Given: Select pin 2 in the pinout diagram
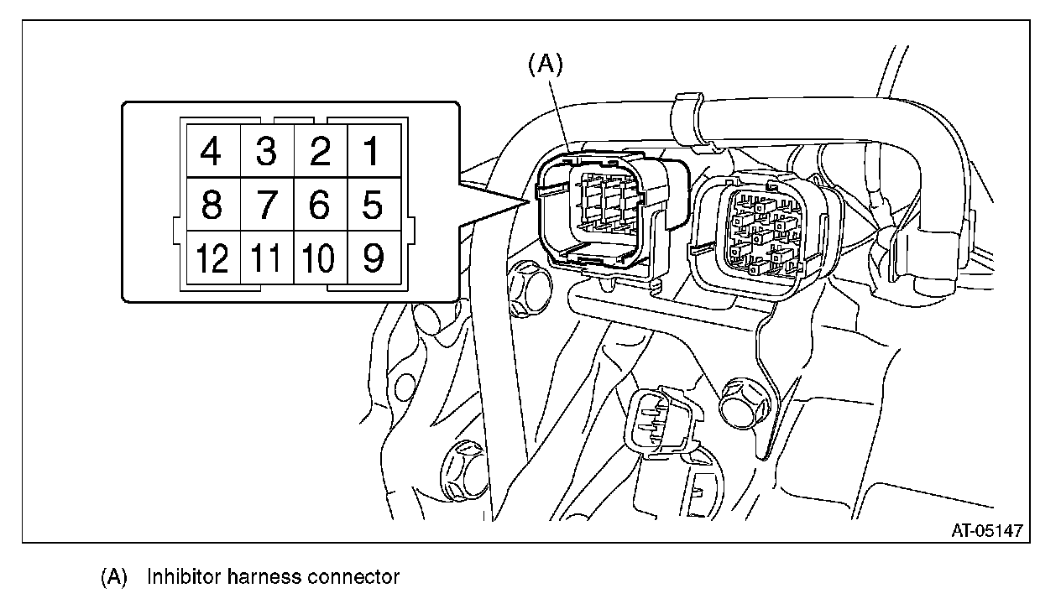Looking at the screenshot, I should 319,152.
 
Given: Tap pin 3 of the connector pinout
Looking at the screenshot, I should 266,152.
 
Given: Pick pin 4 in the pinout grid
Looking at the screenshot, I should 212,152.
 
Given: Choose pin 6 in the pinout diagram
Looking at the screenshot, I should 319,205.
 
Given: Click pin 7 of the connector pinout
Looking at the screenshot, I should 266,205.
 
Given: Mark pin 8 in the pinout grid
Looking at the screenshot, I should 212,205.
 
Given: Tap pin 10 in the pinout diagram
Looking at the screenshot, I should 319,258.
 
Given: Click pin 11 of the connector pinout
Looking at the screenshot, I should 266,258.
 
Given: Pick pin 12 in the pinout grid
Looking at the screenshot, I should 212,258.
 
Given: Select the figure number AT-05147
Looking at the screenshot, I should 986,530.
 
